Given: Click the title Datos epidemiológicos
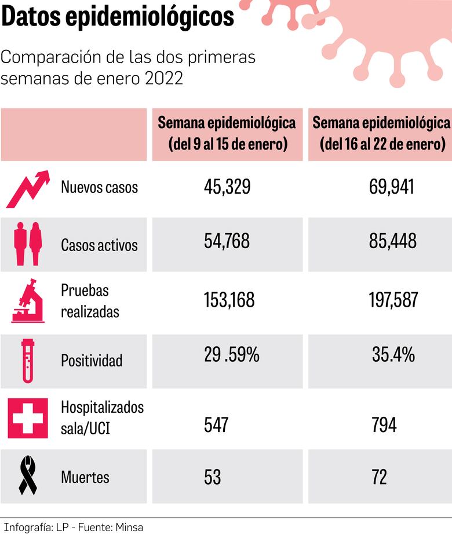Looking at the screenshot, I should (x=118, y=17).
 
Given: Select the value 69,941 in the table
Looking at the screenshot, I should (x=392, y=187).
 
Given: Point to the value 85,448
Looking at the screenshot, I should (x=392, y=241).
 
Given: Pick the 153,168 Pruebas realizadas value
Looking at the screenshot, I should (x=229, y=300).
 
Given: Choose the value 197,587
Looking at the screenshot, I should (x=393, y=300).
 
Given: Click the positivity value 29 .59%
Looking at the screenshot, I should (x=231, y=355).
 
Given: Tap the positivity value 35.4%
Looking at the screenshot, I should (x=393, y=355).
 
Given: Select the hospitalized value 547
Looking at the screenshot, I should (x=216, y=425).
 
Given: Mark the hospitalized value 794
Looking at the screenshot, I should (x=384, y=425).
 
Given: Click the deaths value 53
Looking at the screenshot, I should (x=212, y=477).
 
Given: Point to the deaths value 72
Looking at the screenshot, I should (x=379, y=477).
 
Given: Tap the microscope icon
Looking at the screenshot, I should (x=27, y=300).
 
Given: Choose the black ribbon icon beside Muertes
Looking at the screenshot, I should (x=28, y=476).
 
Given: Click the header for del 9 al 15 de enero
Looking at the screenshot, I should (x=227, y=133).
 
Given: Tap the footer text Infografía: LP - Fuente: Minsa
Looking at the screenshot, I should (x=72, y=527).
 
